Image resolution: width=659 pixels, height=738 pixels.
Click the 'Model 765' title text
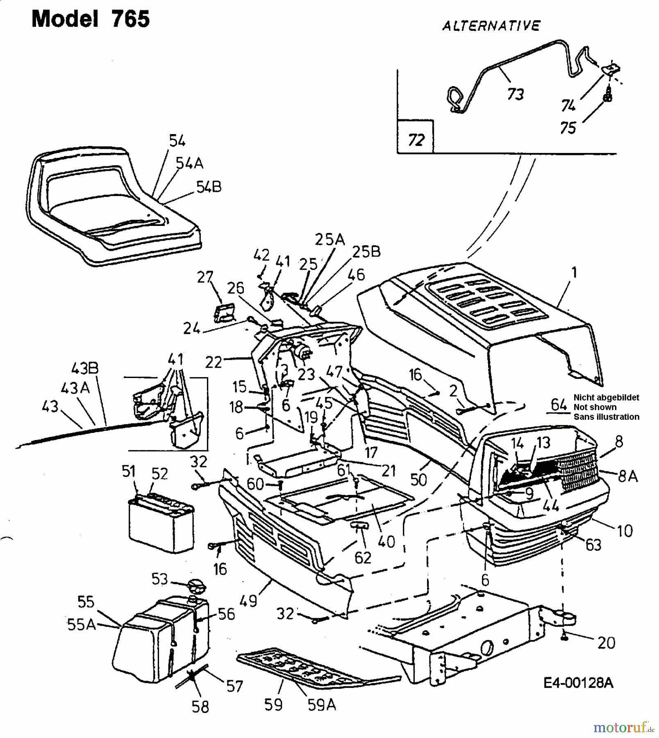pos(91,19)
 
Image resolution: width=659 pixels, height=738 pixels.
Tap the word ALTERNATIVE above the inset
pos(491,26)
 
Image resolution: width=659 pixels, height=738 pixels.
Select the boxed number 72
pos(416,140)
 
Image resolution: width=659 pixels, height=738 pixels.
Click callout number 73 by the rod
pos(515,94)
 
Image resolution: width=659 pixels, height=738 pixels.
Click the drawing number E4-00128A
pos(578,683)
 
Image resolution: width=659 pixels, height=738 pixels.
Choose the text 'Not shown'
pos(595,407)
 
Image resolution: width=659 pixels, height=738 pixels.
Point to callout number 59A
pos(321,705)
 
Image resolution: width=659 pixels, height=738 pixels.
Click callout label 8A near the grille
pos(627,476)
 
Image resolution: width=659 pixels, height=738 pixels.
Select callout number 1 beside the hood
pos(574,272)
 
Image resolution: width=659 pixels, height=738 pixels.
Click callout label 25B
pos(366,251)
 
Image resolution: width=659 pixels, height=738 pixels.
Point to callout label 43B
pos(85,368)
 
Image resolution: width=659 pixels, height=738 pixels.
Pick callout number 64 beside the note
pos(559,405)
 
